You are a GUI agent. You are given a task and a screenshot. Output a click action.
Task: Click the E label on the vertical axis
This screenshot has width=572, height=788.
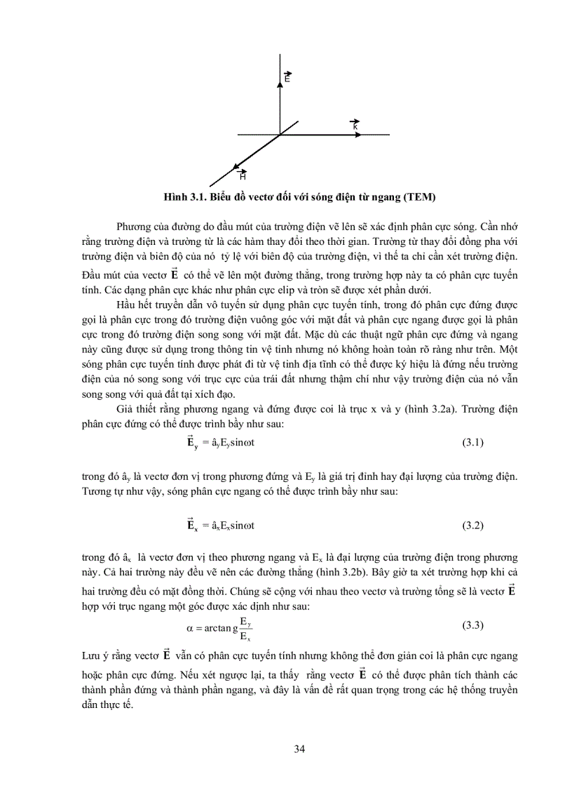click(x=287, y=78)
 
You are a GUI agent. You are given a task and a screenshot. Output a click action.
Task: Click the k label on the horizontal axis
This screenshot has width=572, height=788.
click(x=355, y=124)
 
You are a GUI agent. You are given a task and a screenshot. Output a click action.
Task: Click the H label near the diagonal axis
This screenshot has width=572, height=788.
click(x=243, y=175)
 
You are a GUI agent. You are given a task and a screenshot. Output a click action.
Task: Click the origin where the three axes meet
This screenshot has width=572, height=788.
click(x=280, y=134)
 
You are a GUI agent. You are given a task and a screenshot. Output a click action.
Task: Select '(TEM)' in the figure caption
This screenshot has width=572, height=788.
click(x=420, y=197)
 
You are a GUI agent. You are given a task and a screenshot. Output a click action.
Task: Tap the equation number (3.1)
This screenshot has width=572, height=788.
click(x=473, y=442)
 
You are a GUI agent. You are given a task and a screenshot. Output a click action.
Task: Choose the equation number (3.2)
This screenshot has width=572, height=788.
click(x=473, y=525)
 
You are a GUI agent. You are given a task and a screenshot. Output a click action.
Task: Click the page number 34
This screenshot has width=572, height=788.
click(x=299, y=748)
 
